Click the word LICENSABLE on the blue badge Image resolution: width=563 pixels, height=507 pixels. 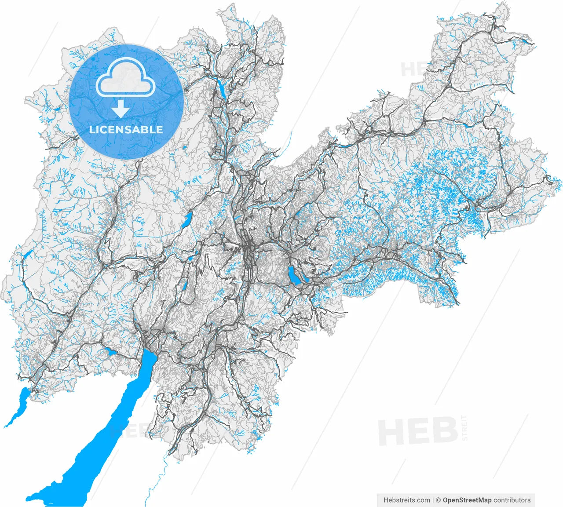point(126,129)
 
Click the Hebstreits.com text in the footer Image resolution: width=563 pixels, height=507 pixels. point(407,500)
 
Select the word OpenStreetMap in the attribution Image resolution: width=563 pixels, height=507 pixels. point(467,500)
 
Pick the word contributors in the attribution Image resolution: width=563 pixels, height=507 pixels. point(512,500)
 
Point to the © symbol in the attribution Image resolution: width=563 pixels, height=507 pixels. point(438,500)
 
